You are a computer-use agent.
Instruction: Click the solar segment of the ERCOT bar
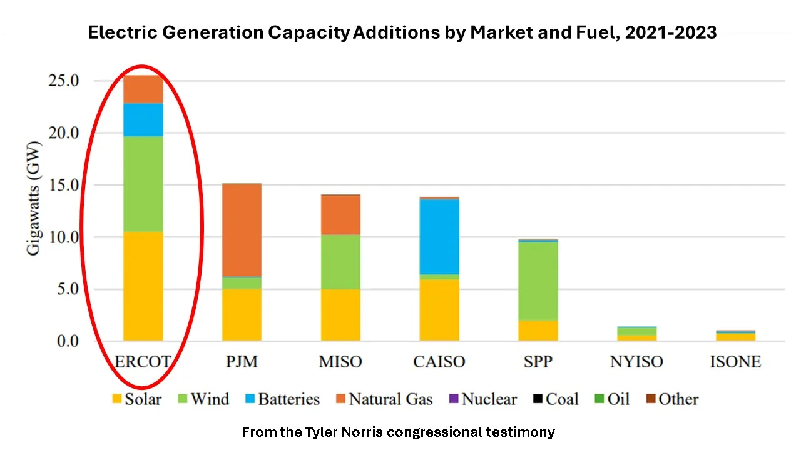coord(143,286)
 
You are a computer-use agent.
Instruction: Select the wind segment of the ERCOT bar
coord(143,184)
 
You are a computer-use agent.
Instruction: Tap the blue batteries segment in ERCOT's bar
coord(143,119)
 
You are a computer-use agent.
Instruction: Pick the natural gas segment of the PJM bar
coord(242,230)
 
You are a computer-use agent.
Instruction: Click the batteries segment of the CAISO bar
coord(439,236)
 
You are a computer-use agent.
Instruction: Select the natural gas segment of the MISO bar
coord(340,214)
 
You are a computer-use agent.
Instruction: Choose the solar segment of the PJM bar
coord(242,315)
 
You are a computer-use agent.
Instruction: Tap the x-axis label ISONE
coord(735,362)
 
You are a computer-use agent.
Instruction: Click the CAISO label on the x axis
coord(439,362)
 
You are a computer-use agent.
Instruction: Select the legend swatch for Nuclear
coord(454,399)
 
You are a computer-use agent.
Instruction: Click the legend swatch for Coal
coord(538,399)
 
